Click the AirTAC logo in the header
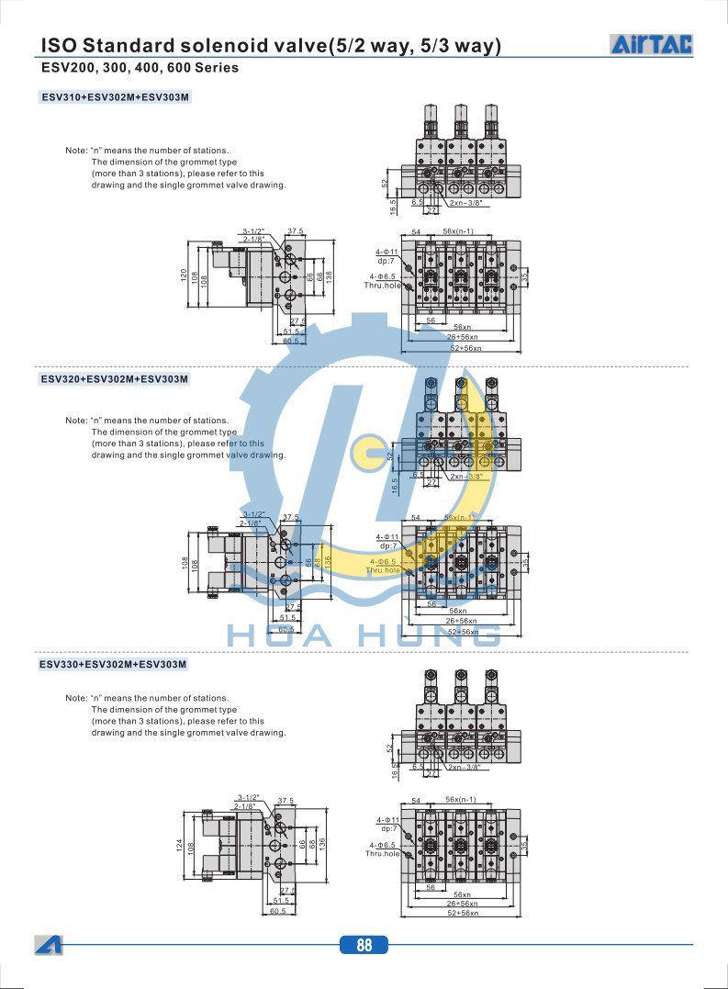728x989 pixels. tap(652, 43)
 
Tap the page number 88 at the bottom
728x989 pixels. tap(364, 945)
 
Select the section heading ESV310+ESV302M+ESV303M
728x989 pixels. tap(115, 96)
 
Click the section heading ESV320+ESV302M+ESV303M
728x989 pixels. tap(115, 378)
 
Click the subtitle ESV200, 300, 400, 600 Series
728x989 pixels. tap(140, 68)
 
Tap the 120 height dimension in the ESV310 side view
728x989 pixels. tap(184, 275)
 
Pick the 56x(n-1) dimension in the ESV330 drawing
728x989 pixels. tap(459, 800)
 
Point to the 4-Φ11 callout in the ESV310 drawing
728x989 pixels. tap(386, 252)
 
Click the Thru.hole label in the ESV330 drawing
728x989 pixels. tap(383, 854)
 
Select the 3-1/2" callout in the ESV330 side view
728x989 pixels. tap(249, 797)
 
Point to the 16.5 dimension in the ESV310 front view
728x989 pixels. tap(392, 208)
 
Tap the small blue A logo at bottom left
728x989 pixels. tap(49, 944)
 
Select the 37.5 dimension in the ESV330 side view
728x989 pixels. tap(286, 801)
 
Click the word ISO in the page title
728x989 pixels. tap(59, 45)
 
